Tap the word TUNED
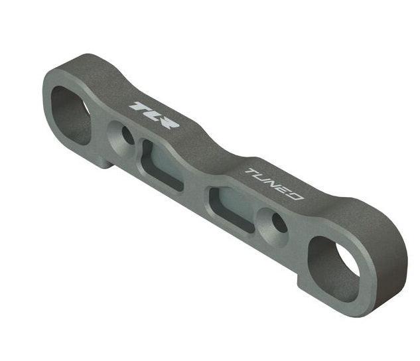coord(275,184)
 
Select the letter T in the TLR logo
coord(140,107)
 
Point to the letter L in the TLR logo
coord(153,115)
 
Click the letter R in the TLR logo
coord(169,123)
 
